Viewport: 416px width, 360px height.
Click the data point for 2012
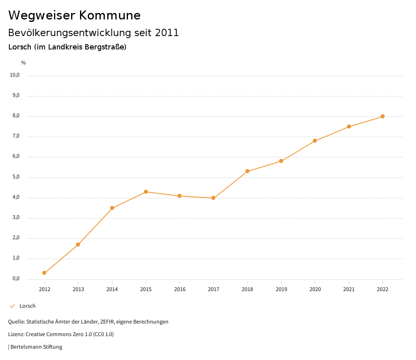point(44,273)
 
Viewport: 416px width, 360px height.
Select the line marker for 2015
point(146,192)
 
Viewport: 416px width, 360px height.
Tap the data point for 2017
point(213,198)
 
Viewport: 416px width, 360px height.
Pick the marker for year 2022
point(383,116)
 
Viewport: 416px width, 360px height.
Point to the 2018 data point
point(247,171)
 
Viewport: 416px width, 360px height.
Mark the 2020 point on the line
point(315,141)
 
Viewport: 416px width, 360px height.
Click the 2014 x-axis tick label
point(112,289)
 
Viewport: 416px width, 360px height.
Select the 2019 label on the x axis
point(281,289)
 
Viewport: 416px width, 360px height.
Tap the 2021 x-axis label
point(349,289)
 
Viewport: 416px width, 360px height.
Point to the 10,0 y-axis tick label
point(15,75)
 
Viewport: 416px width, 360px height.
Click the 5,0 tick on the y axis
point(16,177)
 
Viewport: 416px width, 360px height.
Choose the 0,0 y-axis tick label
point(16,279)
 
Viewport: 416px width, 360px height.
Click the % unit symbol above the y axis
point(24,63)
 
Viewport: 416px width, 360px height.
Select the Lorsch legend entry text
point(28,306)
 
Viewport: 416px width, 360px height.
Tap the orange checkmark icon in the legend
point(12,306)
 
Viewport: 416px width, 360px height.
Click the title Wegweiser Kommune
point(74,15)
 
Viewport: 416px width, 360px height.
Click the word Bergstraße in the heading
point(105,47)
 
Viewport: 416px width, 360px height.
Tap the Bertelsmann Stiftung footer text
point(36,347)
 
